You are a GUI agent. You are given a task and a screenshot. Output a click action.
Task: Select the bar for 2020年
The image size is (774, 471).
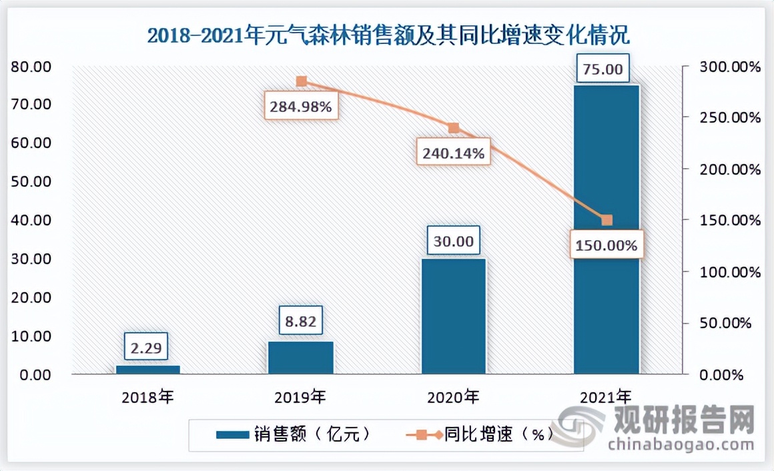(x=454, y=316)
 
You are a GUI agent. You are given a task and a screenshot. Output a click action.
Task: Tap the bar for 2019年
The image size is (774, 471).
(x=301, y=358)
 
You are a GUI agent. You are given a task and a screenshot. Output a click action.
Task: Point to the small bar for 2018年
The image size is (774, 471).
(x=148, y=370)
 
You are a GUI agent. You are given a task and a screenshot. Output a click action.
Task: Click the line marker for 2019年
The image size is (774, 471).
(x=302, y=81)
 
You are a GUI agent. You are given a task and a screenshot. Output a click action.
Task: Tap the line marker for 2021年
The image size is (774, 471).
(x=607, y=220)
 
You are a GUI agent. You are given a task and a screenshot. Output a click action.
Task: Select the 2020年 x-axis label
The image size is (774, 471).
(x=454, y=398)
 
